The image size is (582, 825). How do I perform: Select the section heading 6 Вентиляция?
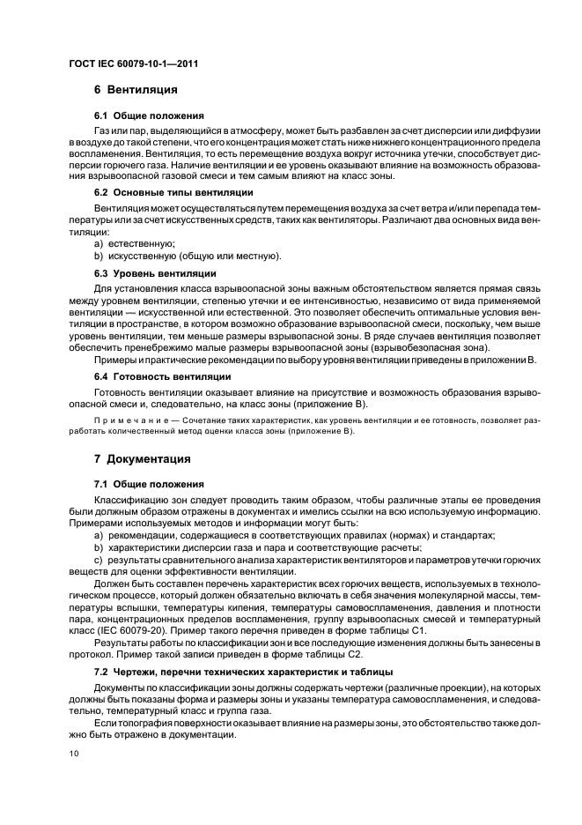(136, 90)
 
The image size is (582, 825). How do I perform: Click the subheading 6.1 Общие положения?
(149, 115)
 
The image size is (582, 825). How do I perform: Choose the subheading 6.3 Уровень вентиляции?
(154, 274)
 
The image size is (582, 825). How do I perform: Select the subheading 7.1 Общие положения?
(149, 485)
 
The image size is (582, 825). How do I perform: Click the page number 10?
(73, 754)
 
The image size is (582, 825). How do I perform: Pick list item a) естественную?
(135, 243)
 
